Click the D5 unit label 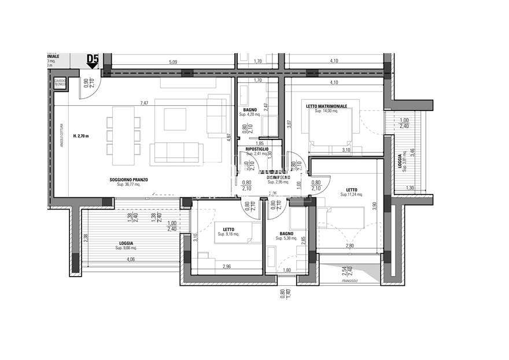pos(92,58)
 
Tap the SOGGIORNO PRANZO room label pos(128,180)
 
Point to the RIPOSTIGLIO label pos(257,149)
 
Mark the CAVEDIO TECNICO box pos(60,83)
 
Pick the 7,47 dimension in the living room pos(145,103)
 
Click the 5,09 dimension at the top pos(173,61)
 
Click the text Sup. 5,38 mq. pos(287,238)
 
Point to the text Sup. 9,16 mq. pos(228,234)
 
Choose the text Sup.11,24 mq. pos(351,194)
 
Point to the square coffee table pos(175,119)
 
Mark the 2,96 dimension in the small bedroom pos(226,267)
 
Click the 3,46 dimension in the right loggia pos(412,154)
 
